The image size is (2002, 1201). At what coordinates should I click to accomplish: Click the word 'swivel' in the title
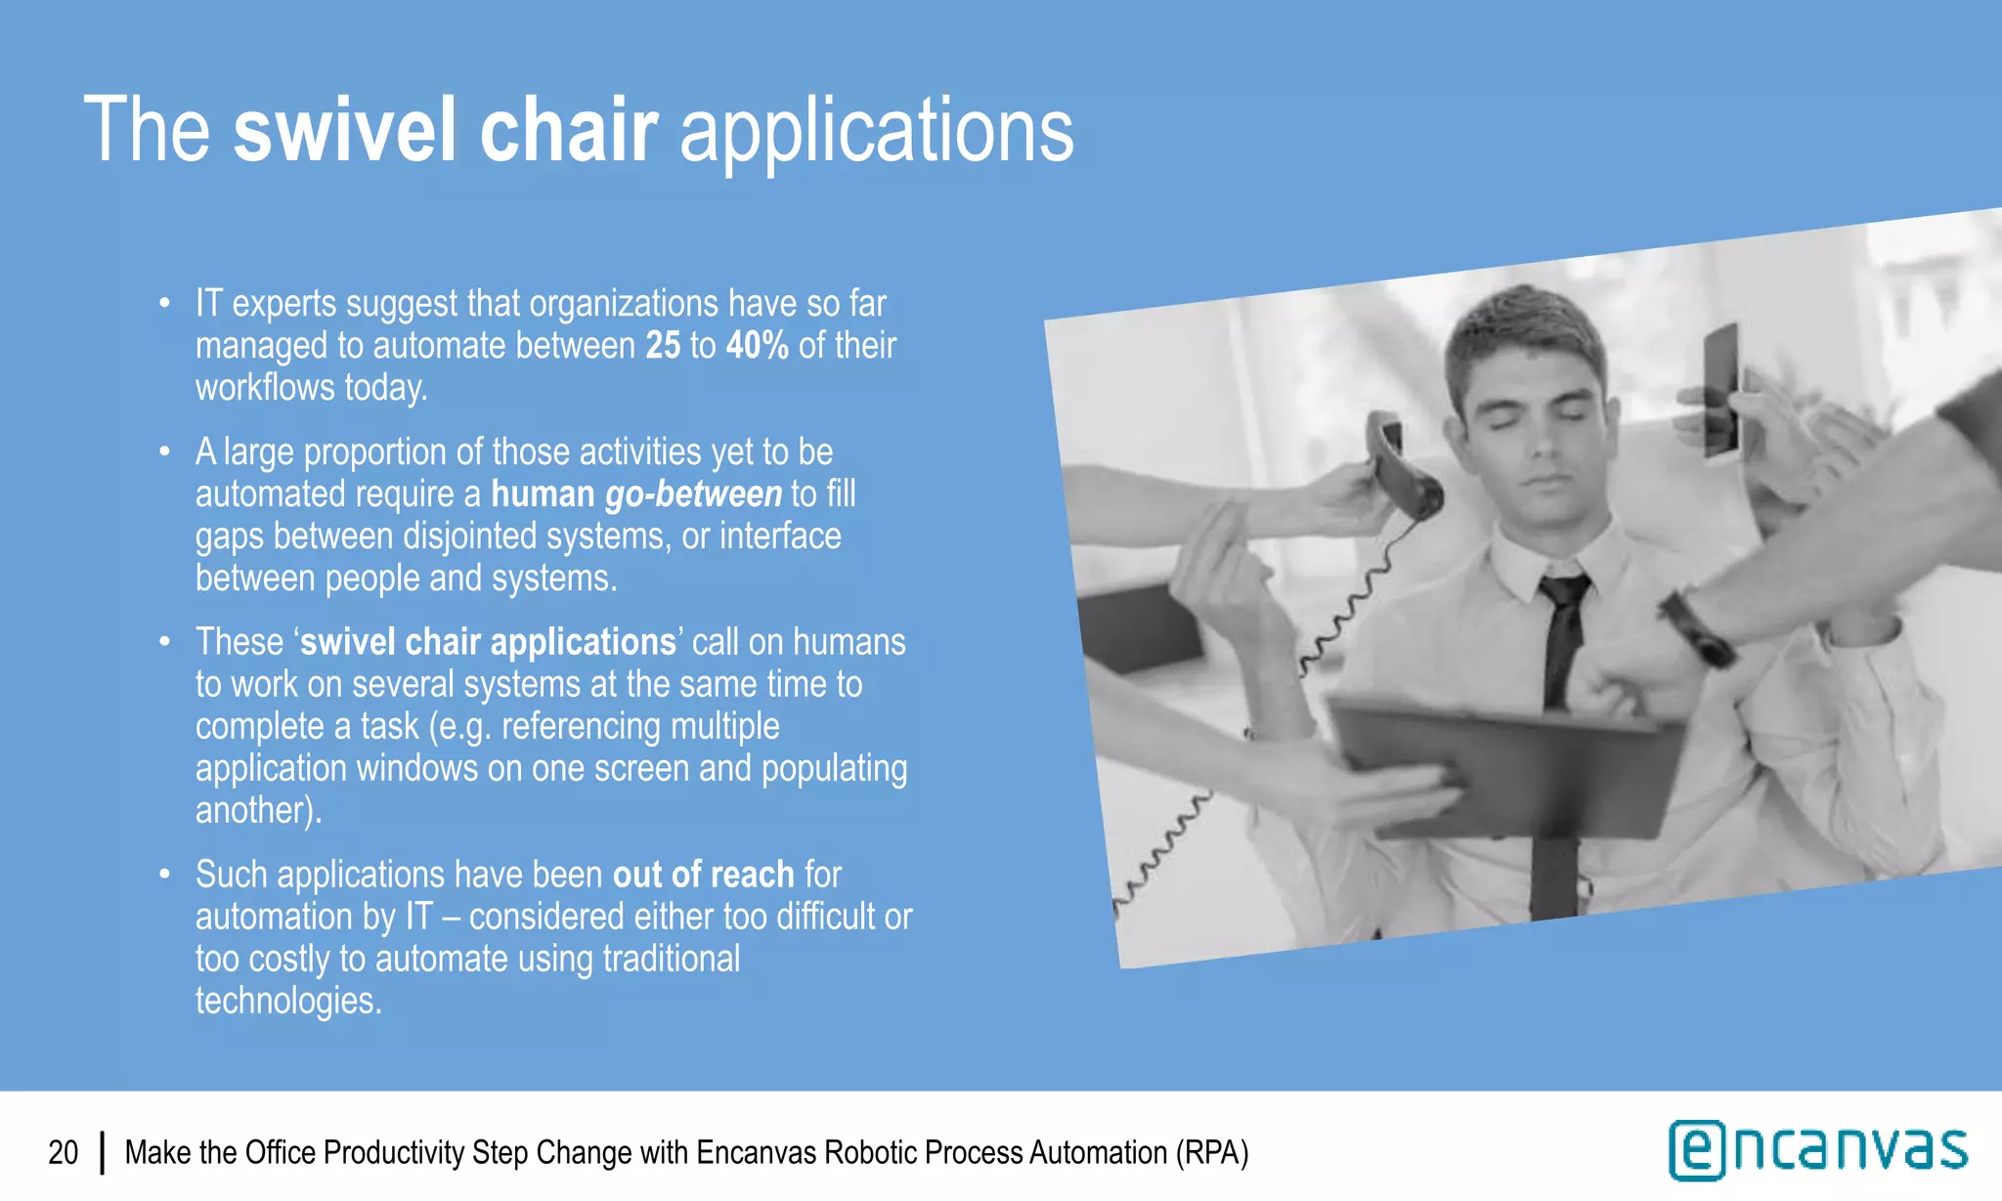coord(343,131)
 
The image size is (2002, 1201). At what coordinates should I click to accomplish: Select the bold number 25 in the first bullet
coord(663,346)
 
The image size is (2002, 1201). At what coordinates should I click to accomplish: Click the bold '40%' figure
coord(757,346)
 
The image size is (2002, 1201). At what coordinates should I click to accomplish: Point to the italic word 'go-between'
coord(693,494)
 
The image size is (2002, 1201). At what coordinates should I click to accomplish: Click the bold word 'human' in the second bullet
coord(543,494)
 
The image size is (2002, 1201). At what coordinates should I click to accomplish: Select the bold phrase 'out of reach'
coord(703,875)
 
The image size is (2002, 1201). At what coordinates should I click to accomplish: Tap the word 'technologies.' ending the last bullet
coord(288,1001)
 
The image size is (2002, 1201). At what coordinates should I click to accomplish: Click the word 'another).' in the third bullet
coord(258,810)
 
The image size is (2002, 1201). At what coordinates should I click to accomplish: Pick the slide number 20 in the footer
coord(64,1153)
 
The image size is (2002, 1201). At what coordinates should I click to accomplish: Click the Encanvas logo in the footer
coord(1817,1150)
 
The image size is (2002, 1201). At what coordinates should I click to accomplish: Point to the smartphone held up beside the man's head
coord(1720,391)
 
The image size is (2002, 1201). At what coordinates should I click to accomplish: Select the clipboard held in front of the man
coord(1505,767)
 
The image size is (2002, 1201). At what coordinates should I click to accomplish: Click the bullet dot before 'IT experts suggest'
coord(165,304)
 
